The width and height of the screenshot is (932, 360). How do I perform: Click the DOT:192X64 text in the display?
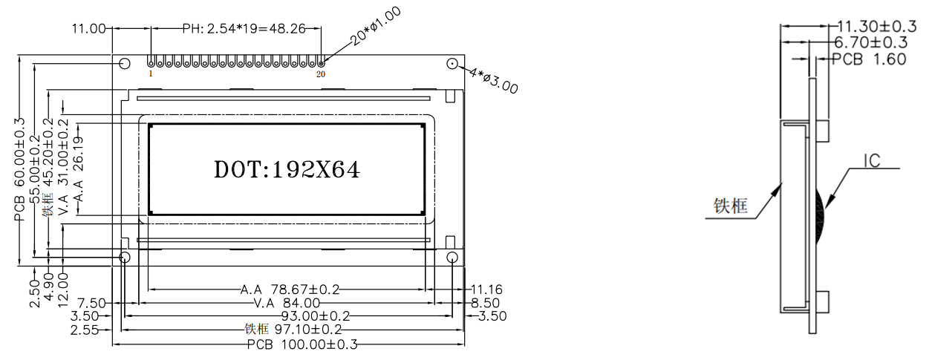tap(287, 170)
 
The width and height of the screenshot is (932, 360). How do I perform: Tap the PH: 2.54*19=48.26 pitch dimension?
tap(235, 29)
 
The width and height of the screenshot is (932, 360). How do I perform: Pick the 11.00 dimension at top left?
tap(88, 29)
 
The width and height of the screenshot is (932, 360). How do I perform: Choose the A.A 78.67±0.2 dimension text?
tap(290, 289)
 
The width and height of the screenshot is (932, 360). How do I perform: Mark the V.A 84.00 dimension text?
tap(287, 302)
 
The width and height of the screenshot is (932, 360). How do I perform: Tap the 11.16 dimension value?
tap(486, 289)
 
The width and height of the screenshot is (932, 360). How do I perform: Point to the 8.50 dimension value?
tap(486, 302)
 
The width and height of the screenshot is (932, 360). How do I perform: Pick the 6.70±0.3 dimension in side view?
tap(872, 42)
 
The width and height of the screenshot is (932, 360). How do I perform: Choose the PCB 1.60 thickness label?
tap(869, 59)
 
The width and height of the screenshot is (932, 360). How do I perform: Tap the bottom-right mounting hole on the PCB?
tap(452, 257)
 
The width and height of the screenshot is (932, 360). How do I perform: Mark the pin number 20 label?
tap(321, 74)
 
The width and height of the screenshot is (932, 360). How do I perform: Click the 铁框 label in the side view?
tap(730, 206)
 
